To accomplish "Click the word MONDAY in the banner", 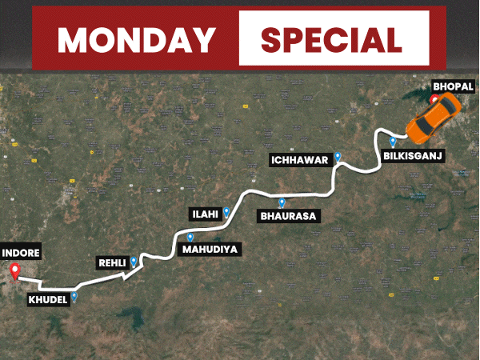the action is coord(136,38).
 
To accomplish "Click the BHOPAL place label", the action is coord(453,86).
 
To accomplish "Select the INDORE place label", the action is coord(21,253).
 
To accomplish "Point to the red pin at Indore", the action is coord(14,270).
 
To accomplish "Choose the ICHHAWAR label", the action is coord(299,160).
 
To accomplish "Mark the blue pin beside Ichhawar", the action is coord(338,157).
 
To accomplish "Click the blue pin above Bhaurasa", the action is coord(282,202).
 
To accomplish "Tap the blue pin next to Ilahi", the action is coord(227,212).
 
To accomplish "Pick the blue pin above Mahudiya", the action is coord(190,237).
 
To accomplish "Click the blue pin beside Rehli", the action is coord(134,261).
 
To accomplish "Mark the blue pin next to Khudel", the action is coord(74,296).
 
